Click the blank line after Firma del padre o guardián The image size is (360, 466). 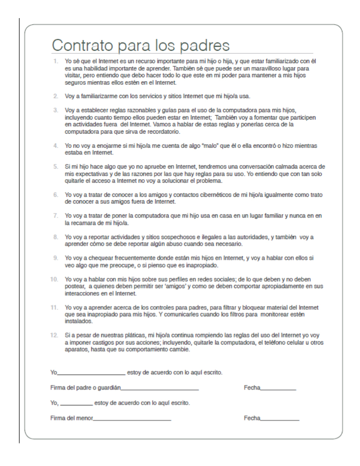[x=160, y=389]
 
